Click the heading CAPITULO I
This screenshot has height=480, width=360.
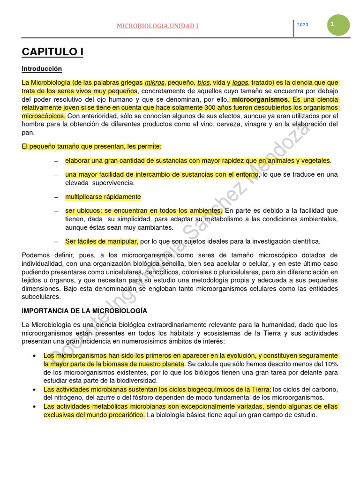52,52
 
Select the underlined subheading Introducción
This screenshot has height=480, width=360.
42,69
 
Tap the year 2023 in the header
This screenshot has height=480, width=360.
302,25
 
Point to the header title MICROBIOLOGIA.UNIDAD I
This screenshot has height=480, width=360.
157,26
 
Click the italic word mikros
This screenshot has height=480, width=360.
154,83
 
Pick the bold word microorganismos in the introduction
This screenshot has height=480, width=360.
261,100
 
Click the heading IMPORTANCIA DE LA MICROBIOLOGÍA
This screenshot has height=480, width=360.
84,311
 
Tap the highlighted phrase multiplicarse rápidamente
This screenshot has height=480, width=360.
103,197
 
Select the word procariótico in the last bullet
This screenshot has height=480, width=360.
123,415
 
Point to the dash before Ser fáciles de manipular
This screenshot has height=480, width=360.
56,242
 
